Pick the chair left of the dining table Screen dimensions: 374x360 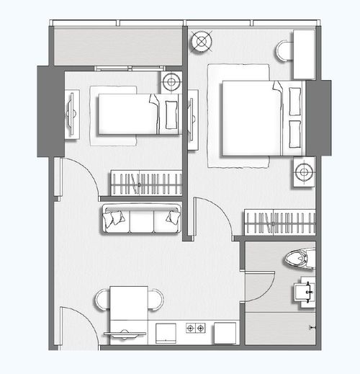[x=102, y=298]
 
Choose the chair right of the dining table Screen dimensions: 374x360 [x=156, y=298]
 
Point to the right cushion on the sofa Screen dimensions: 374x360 [x=171, y=216]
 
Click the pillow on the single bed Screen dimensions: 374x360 [x=171, y=114]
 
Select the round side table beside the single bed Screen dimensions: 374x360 [x=171, y=82]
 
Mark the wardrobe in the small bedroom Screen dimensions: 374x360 [x=145, y=183]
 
